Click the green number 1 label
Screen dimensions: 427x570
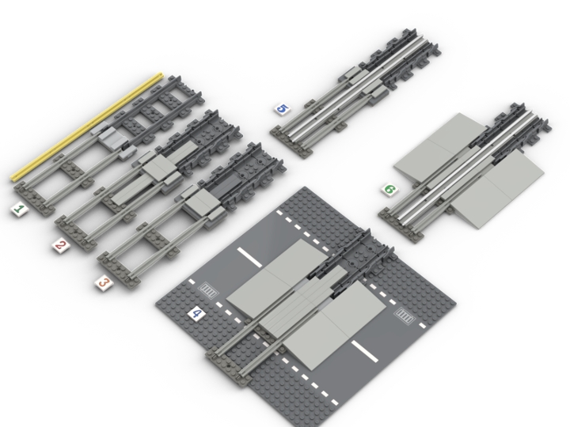coord(18,210)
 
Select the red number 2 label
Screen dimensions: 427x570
coord(60,246)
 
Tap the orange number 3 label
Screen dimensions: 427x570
coord(104,283)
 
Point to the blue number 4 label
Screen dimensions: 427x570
coord(196,315)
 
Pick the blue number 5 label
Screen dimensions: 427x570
coord(281,109)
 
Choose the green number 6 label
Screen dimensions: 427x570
coord(389,190)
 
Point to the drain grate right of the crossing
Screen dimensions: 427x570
coord(405,318)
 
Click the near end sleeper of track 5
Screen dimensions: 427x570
coord(284,135)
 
